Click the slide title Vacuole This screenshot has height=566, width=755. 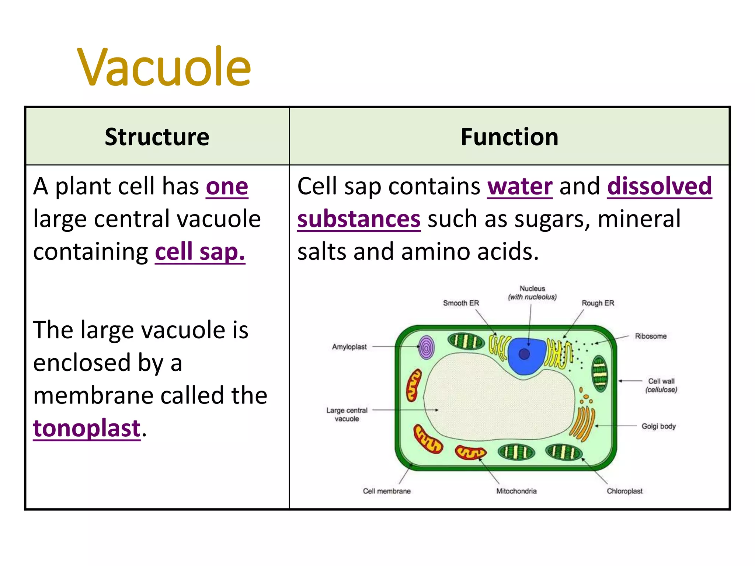(x=164, y=67)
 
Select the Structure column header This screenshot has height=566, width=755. (x=157, y=137)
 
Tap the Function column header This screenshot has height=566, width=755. (x=509, y=137)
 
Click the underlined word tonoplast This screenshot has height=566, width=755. (x=87, y=428)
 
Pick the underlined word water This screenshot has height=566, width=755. (x=520, y=186)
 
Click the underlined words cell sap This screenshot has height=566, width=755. (x=200, y=252)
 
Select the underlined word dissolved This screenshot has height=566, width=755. (x=659, y=186)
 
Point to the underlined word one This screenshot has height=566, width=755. (x=227, y=186)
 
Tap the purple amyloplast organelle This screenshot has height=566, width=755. (x=426, y=347)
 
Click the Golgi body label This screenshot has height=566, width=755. (x=658, y=426)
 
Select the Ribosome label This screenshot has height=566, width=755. (x=651, y=336)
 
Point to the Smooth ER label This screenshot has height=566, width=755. (x=461, y=303)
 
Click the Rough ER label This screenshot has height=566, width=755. (x=598, y=303)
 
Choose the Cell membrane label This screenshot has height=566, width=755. (x=387, y=491)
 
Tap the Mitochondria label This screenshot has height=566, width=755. (x=516, y=491)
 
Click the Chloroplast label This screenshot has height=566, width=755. (x=624, y=491)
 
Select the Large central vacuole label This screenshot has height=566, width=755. (x=347, y=414)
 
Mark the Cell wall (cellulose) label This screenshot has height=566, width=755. (x=661, y=385)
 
